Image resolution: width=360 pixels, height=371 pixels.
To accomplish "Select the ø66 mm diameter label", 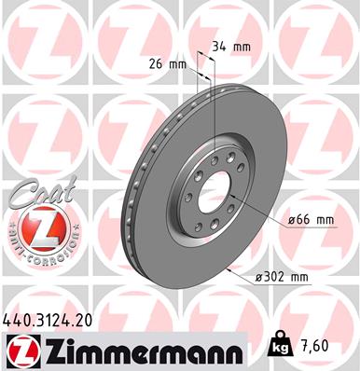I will tap(312, 220).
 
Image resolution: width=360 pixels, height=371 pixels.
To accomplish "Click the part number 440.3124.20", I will tap(55, 320).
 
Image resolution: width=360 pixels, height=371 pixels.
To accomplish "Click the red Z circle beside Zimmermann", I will tap(21, 351).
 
